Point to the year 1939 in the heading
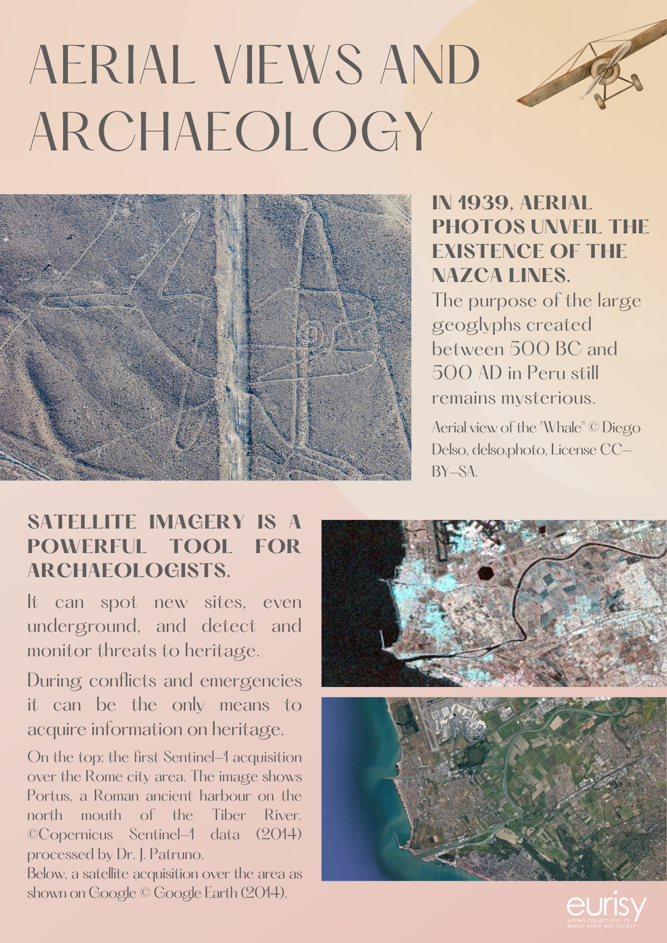(x=482, y=203)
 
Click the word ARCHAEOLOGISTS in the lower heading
(x=129, y=571)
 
